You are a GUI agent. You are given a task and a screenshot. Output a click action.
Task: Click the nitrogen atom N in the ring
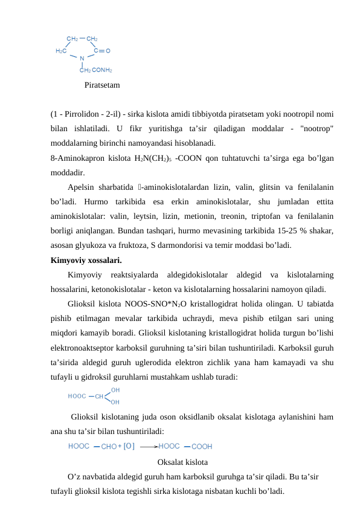[82, 59]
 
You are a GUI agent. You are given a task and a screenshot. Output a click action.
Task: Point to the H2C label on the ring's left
[61, 51]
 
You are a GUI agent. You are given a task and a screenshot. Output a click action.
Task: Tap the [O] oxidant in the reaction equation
[129, 447]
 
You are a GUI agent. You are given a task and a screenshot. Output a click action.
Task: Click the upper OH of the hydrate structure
[115, 391]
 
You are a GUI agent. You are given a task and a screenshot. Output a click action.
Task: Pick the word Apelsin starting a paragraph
[83, 187]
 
